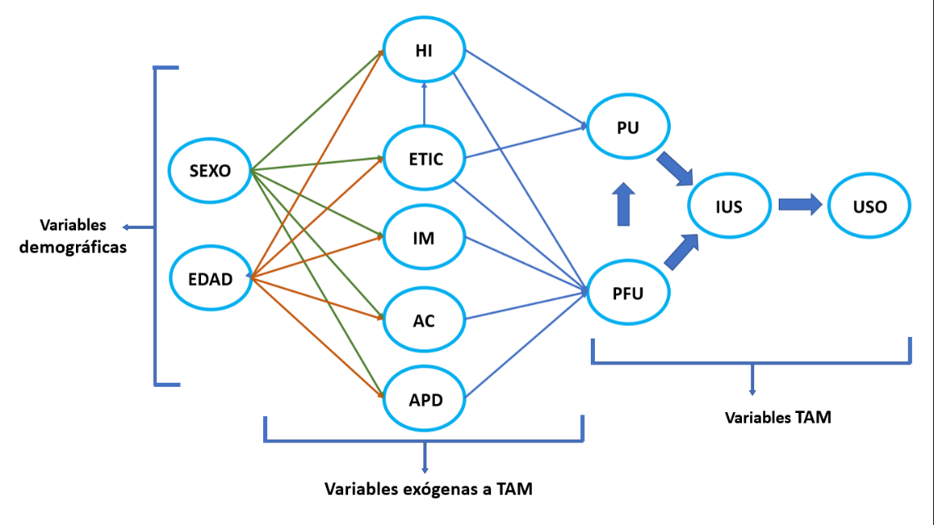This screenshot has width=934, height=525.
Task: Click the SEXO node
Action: pos(210,171)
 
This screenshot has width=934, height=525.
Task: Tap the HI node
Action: pos(424,51)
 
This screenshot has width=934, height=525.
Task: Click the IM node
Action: pos(424,239)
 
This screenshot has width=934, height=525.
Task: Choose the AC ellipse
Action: pos(424,320)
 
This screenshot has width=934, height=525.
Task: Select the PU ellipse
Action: pos(628,127)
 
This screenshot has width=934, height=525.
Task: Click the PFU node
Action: pos(628,292)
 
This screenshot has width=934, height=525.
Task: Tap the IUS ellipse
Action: pos(728,206)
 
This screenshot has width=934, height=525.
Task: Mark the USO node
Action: pos(869,206)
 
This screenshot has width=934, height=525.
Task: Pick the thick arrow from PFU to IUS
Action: pos(681,252)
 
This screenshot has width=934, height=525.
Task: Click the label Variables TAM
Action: pos(778,417)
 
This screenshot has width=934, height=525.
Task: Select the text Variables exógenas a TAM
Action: pos(428,490)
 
